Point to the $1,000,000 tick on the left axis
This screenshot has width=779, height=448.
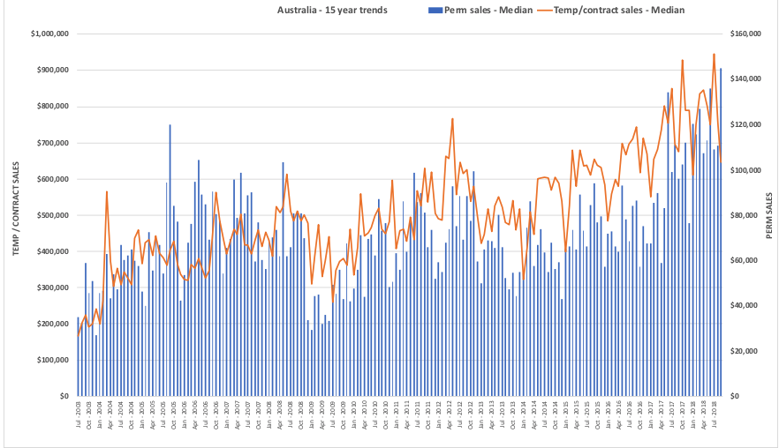[49, 34]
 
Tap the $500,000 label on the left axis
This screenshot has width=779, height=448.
[52, 215]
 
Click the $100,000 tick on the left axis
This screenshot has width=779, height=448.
[52, 360]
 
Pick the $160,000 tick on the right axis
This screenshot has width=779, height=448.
[747, 34]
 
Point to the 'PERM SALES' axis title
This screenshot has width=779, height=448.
[769, 215]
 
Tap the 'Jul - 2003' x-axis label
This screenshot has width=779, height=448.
[79, 414]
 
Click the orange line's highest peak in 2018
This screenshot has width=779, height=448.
[714, 54]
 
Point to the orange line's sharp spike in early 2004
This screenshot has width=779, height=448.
[107, 191]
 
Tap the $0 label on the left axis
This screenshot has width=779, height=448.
[63, 396]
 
